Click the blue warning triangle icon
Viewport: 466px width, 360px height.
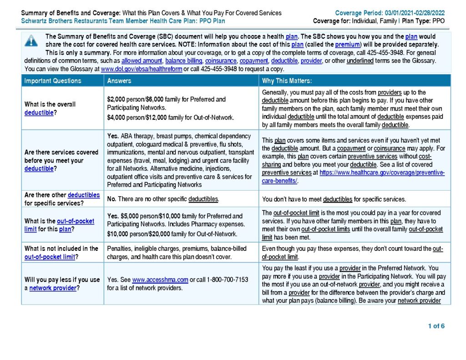[31, 41]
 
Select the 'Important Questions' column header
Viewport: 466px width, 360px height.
[53, 81]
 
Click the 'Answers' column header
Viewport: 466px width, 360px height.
[119, 81]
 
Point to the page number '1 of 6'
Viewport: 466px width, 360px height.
[436, 326]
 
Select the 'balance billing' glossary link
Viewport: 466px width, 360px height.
[184, 61]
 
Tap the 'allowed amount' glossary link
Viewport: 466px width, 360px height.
[142, 61]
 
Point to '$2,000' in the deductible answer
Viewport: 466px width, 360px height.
[116, 99]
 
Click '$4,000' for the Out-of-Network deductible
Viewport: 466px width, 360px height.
[116, 117]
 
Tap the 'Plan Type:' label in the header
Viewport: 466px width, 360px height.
[412, 21]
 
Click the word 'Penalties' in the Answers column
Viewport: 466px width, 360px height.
[120, 248]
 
